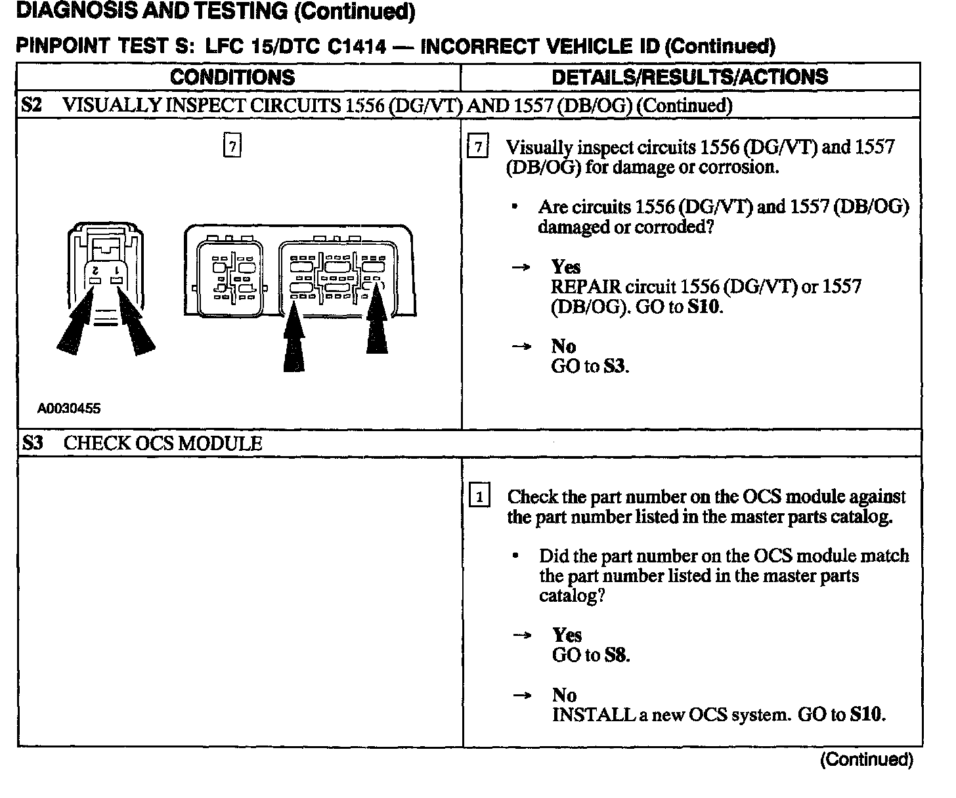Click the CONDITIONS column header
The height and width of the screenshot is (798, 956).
[232, 77]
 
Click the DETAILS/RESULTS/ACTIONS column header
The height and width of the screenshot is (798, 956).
[689, 77]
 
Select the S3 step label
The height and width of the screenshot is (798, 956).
[32, 443]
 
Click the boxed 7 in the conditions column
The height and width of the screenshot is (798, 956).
[232, 145]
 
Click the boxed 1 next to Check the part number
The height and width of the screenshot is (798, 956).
[480, 497]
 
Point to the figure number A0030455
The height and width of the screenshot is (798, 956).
[69, 408]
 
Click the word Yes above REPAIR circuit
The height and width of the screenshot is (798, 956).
[566, 266]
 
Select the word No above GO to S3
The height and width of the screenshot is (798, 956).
[563, 346]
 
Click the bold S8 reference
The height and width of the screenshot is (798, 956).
[616, 655]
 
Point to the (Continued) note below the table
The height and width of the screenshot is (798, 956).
[867, 759]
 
